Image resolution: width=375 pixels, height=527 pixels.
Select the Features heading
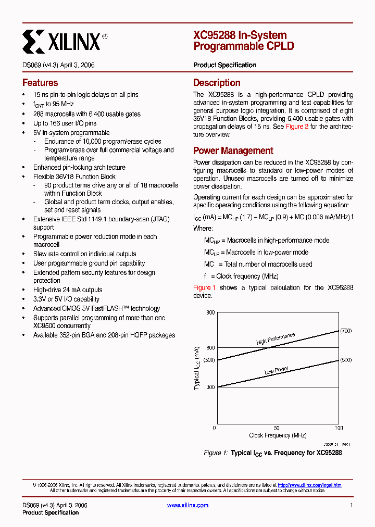click(40, 83)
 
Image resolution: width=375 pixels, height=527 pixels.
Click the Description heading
click(217, 83)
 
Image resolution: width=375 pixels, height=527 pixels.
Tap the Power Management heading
click(233, 151)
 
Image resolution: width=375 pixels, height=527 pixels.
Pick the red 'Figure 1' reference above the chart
click(204, 287)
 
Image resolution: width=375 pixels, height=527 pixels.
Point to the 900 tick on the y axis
click(210, 312)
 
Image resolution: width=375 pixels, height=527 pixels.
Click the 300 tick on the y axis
click(210, 387)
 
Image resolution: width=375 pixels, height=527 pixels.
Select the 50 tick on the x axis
click(277, 428)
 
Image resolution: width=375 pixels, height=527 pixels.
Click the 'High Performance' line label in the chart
click(276, 339)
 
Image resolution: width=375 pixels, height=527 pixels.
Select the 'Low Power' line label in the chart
click(276, 370)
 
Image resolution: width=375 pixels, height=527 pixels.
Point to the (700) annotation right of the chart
click(346, 331)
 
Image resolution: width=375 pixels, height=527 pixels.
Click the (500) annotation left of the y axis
click(209, 360)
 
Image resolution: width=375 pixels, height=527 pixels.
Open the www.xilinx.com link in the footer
click(187, 505)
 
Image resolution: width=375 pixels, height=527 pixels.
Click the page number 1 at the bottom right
click(352, 505)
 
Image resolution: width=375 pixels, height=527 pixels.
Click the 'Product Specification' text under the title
click(224, 65)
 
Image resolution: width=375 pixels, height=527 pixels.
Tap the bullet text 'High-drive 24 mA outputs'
click(68, 290)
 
